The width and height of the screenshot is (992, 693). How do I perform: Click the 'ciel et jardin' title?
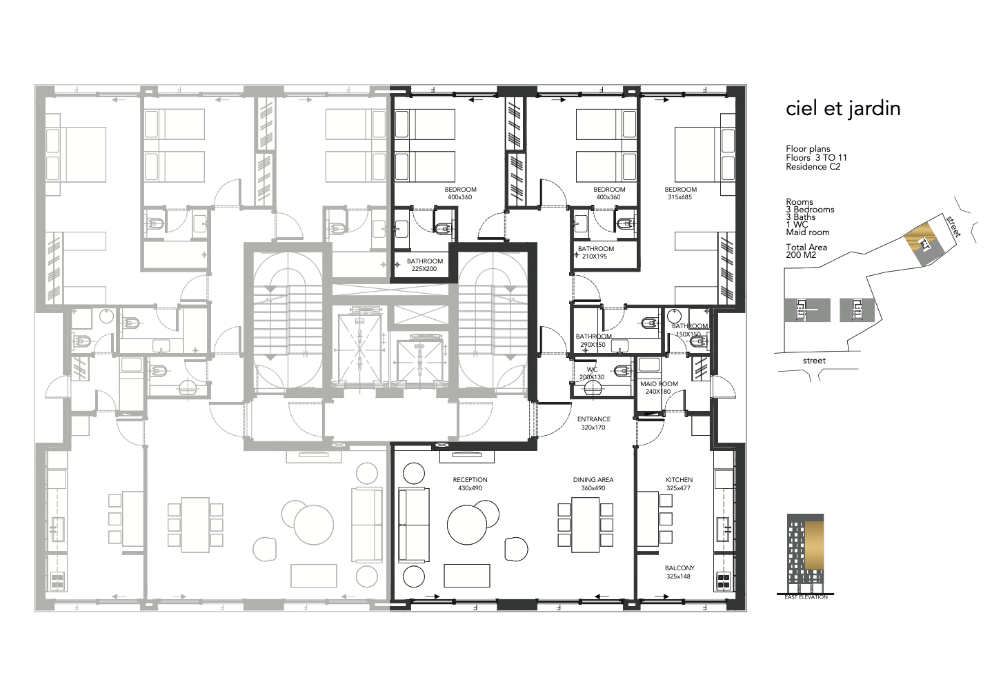click(843, 109)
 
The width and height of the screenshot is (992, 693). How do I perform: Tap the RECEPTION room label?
click(470, 480)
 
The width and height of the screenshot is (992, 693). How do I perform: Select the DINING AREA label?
click(593, 480)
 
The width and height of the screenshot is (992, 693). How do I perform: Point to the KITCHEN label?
click(679, 480)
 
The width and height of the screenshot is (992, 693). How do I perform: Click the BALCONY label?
click(679, 568)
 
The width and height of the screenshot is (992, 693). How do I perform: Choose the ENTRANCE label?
click(594, 419)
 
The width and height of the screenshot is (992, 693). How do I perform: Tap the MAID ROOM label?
click(659, 383)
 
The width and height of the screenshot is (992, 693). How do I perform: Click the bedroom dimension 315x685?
click(679, 197)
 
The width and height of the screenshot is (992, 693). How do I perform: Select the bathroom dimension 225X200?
click(424, 269)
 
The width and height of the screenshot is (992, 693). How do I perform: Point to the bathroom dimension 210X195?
click(595, 257)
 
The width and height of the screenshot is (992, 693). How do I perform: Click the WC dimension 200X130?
click(592, 377)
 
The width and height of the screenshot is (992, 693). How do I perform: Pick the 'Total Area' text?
click(806, 248)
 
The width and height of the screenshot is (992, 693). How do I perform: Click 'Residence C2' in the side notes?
click(813, 167)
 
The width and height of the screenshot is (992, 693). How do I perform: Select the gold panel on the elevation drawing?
click(814, 545)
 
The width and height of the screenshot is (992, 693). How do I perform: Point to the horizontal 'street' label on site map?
click(814, 361)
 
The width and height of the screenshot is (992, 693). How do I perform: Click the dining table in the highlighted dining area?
click(585, 525)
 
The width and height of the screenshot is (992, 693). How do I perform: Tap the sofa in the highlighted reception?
click(414, 525)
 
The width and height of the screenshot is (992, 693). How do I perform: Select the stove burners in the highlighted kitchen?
click(723, 581)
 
